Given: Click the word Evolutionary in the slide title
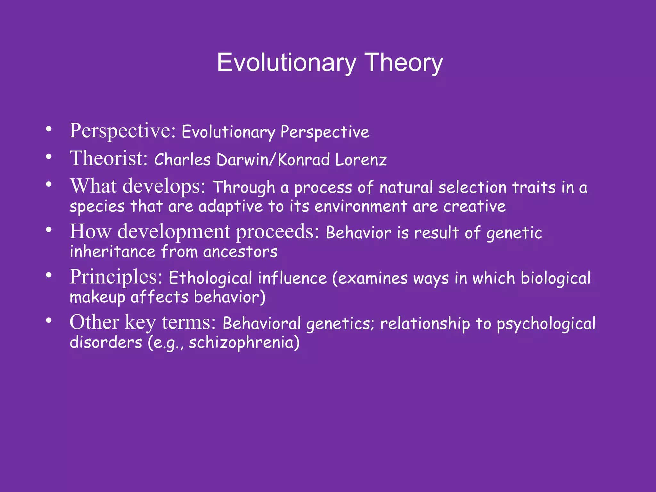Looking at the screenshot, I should click(286, 63).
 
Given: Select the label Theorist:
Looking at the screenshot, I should click(109, 159).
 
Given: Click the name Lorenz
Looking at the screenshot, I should click(361, 160).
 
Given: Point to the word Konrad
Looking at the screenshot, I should click(304, 160).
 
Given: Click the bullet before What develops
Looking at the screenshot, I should click(49, 185).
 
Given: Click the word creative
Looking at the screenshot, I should click(474, 207).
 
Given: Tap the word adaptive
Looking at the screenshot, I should click(230, 207).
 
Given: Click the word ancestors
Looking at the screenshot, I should click(240, 252).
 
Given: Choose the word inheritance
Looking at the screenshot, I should click(112, 252).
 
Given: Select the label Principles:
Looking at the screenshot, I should click(116, 277).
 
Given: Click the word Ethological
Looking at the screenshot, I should click(210, 278).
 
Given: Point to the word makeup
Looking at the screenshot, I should click(97, 298).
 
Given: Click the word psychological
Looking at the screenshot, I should click(546, 324).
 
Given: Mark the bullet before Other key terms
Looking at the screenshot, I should click(49, 321).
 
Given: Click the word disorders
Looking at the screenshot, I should click(106, 342).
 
